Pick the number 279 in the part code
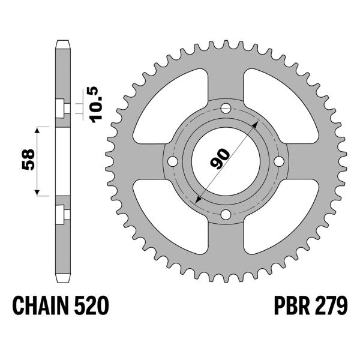click(x=328, y=308)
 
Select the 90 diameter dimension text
click(x=220, y=160)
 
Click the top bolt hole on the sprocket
click(x=226, y=109)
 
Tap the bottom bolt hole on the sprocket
click(x=226, y=215)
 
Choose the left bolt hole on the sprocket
click(x=173, y=162)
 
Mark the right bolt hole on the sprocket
click(x=278, y=162)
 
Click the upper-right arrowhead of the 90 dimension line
click(x=256, y=122)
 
